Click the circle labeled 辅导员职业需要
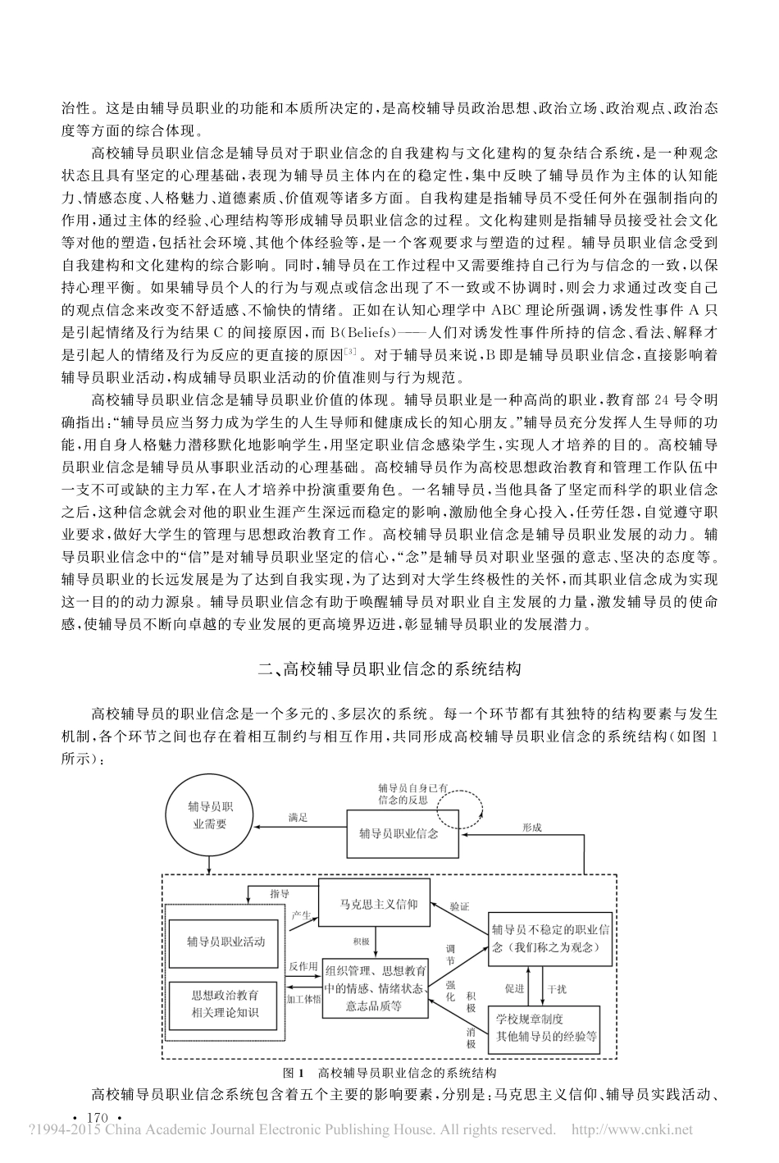[210, 815]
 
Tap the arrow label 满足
[298, 817]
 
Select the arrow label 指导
[279, 893]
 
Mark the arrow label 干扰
[556, 989]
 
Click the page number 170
[97, 1118]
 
